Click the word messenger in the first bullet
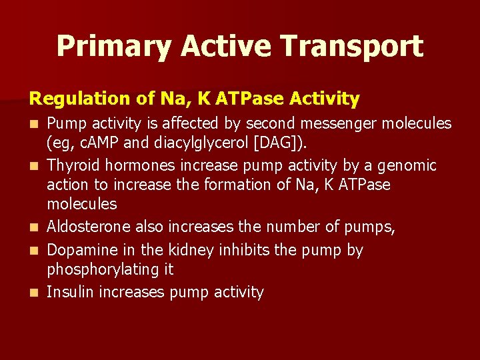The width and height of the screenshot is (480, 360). coord(309,123)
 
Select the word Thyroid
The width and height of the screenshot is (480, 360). coord(73,165)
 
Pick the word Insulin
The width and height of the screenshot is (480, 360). coord(70,292)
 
